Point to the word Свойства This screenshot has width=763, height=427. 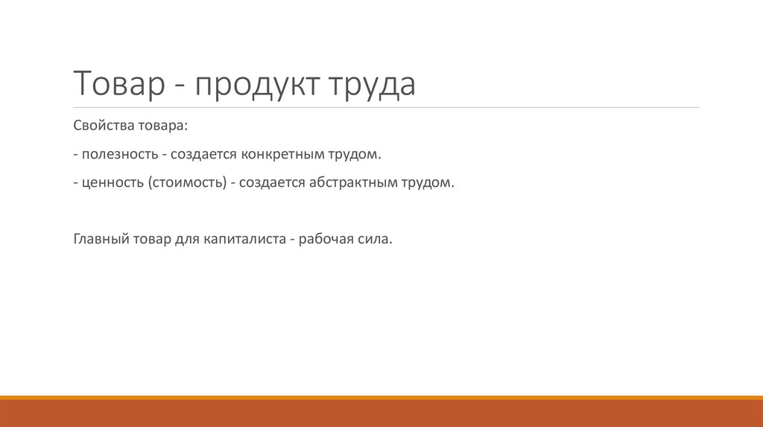tap(98, 126)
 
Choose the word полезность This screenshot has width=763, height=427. tap(120, 155)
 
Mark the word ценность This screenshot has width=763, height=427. tap(113, 183)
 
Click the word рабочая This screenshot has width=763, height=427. tap(326, 240)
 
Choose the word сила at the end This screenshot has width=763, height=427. tap(376, 240)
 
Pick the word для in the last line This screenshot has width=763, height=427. tap(184, 240)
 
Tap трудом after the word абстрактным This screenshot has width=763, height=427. tap(427, 183)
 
